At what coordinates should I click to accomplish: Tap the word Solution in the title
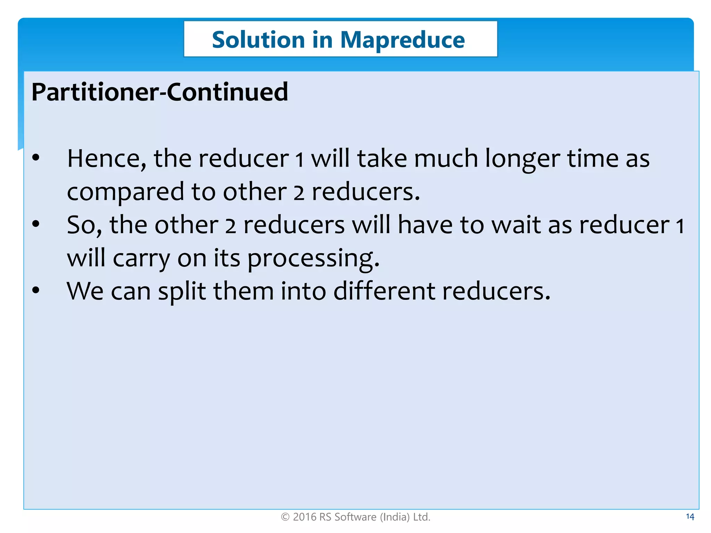[258, 40]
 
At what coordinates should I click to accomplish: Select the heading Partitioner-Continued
[160, 92]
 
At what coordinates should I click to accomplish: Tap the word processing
[313, 259]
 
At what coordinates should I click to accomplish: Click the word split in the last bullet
[182, 291]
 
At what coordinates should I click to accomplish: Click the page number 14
[690, 517]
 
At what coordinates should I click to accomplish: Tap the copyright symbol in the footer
[285, 517]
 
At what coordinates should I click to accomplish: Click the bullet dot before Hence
[36, 158]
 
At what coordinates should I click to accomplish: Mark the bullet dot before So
[36, 224]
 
